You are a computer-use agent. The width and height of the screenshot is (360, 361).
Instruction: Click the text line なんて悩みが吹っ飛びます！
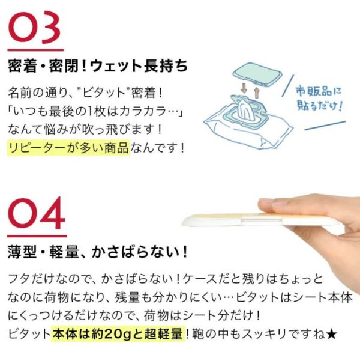81,130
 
